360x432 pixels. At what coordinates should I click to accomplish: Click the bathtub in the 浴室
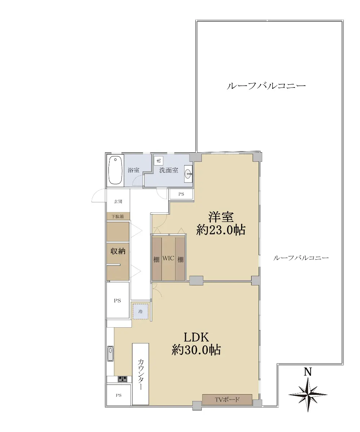pyautogui.click(x=115, y=170)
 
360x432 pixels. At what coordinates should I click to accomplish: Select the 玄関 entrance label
pyautogui.click(x=118, y=202)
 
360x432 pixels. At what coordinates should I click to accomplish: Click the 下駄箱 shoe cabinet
pyautogui.click(x=118, y=216)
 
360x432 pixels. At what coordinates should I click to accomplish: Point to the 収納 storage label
pyautogui.click(x=118, y=251)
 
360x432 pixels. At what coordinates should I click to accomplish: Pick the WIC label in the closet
pyautogui.click(x=168, y=258)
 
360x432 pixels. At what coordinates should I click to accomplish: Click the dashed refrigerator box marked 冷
pyautogui.click(x=141, y=311)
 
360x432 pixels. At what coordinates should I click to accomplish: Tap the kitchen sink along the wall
pyautogui.click(x=110, y=354)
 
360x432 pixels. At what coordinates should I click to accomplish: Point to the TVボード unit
pyautogui.click(x=227, y=399)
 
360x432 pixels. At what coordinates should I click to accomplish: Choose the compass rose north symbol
pyautogui.click(x=308, y=395)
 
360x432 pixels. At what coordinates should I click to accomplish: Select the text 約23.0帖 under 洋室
pyautogui.click(x=221, y=230)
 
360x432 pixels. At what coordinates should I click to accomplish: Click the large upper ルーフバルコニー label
pyautogui.click(x=266, y=86)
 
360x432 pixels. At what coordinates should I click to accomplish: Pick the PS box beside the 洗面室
pyautogui.click(x=181, y=194)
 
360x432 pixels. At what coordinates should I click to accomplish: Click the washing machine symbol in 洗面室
pyautogui.click(x=159, y=161)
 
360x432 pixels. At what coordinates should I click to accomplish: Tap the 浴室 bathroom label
pyautogui.click(x=134, y=170)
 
